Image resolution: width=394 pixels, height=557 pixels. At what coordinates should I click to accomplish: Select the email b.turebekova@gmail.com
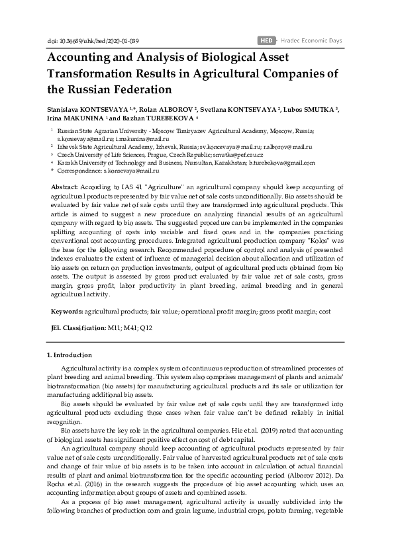point(282,162)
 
